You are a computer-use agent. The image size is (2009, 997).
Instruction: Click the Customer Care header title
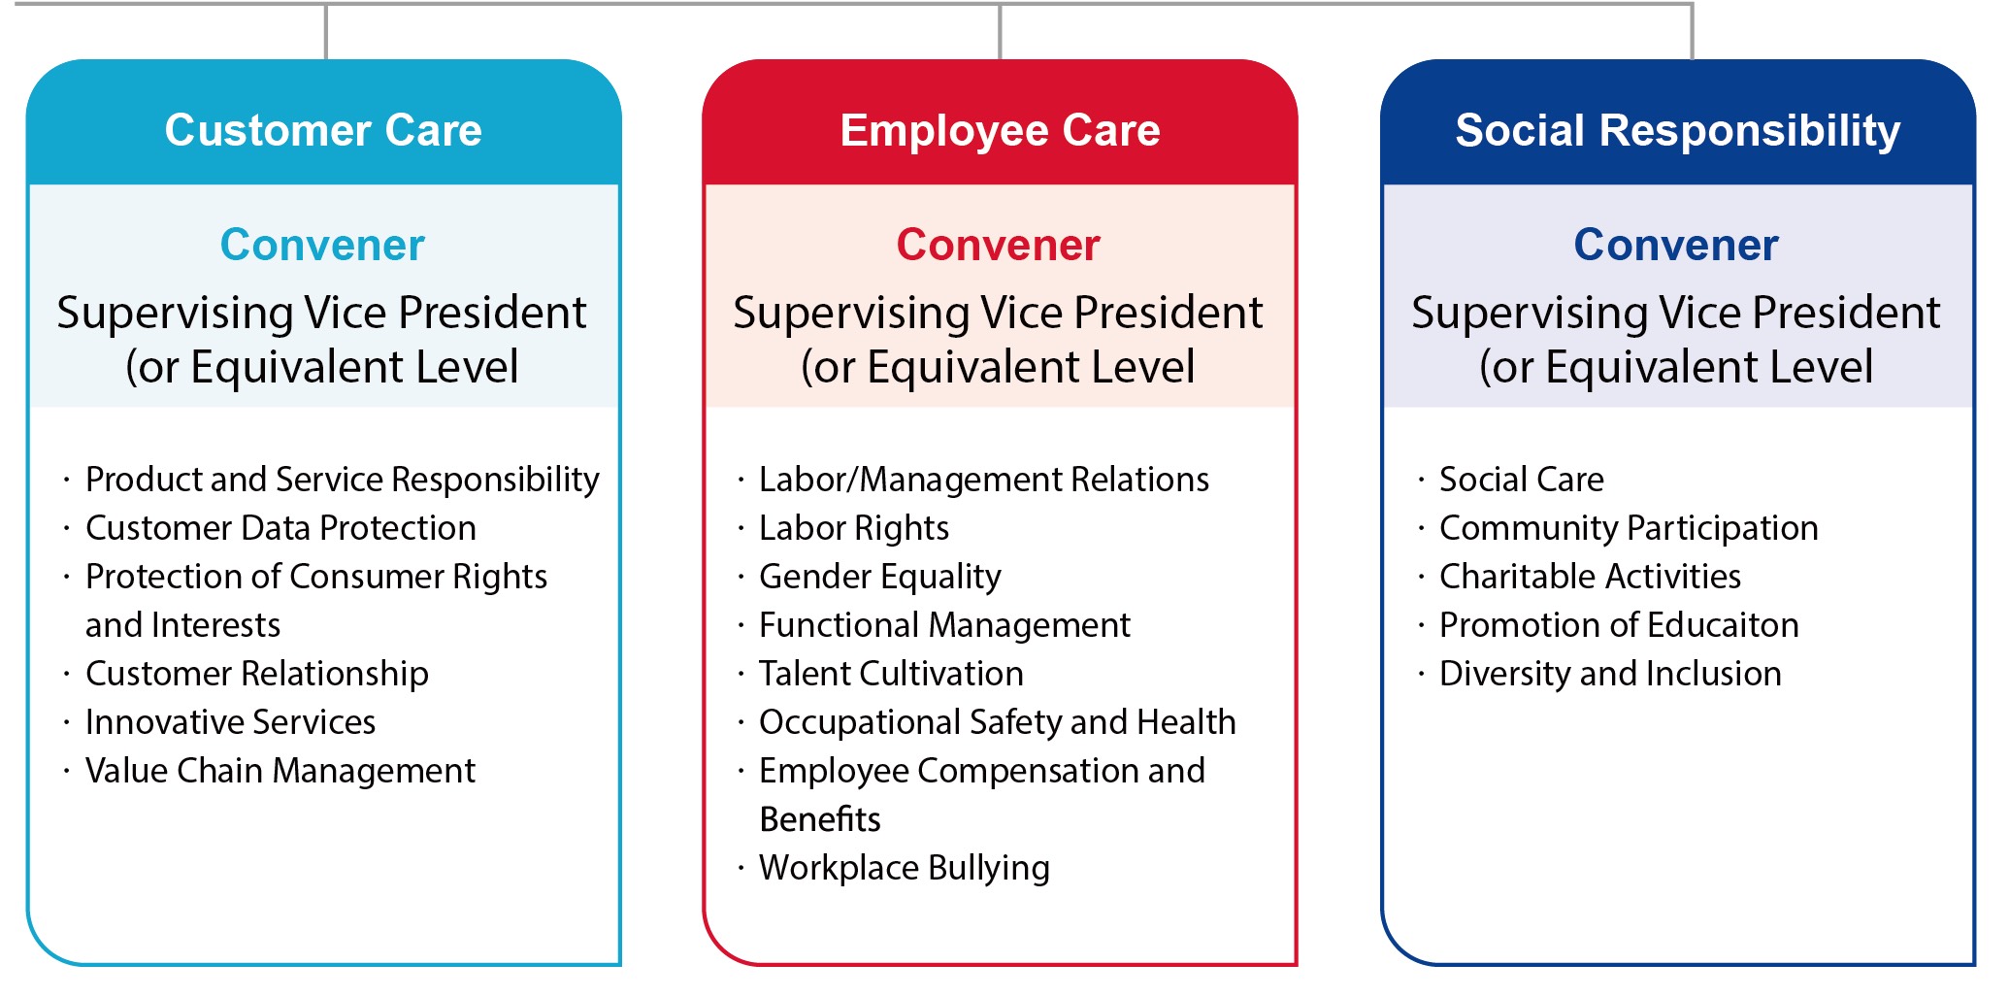click(323, 130)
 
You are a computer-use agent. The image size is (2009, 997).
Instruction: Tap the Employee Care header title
click(1000, 130)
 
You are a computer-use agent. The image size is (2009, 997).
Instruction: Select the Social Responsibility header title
click(1678, 130)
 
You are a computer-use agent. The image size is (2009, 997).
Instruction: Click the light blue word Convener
click(322, 245)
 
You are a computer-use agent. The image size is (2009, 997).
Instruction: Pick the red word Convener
click(999, 245)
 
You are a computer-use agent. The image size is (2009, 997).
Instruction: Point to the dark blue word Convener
click(1676, 245)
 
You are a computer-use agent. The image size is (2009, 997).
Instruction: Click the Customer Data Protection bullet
click(280, 528)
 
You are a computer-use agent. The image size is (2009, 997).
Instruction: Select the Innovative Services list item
click(230, 722)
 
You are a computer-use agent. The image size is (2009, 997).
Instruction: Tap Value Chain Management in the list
click(280, 771)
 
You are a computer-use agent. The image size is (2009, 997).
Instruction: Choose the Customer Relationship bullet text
click(257, 674)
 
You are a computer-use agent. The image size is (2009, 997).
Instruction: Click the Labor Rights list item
click(854, 528)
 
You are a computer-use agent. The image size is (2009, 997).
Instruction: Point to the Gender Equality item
click(880, 577)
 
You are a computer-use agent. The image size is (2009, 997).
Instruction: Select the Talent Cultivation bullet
click(891, 674)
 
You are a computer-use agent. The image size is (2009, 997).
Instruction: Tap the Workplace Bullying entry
click(905, 868)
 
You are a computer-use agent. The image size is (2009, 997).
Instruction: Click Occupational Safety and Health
click(998, 722)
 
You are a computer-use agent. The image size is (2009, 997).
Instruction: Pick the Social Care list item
click(1522, 480)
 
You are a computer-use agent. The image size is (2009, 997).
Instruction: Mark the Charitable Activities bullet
click(1590, 577)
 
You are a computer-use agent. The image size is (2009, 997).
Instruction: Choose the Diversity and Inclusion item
click(1610, 674)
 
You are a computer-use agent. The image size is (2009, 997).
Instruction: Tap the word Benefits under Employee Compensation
click(820, 819)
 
